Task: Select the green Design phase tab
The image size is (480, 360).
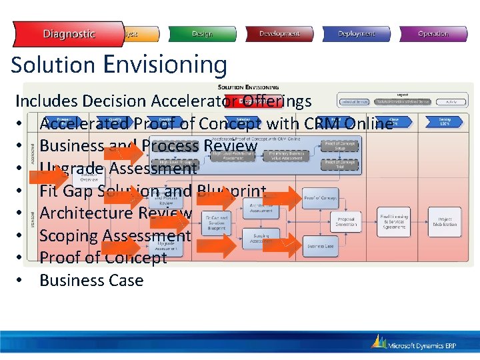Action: point(201,34)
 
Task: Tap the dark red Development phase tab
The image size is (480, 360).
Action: point(279,34)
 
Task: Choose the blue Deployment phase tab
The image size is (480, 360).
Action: point(357,34)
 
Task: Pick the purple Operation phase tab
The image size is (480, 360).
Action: point(433,34)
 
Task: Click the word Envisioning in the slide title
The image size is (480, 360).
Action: point(165,65)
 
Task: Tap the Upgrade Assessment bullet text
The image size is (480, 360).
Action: point(118,169)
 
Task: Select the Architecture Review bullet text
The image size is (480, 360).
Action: point(115,213)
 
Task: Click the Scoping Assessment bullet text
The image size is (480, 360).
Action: point(115,236)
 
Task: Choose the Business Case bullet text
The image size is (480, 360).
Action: point(91,281)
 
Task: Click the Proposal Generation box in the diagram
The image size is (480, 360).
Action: point(346,221)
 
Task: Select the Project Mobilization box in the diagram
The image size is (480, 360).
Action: point(445,221)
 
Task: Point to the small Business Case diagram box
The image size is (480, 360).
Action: point(321,246)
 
